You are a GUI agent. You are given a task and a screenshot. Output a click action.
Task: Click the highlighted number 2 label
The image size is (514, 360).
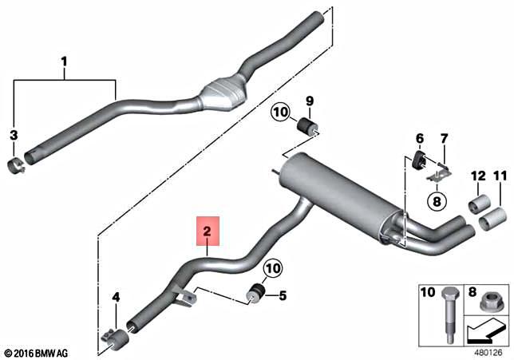click(x=208, y=233)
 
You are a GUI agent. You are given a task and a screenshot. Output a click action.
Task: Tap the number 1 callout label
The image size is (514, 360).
click(x=65, y=61)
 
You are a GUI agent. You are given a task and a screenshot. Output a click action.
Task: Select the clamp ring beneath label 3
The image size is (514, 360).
click(x=16, y=166)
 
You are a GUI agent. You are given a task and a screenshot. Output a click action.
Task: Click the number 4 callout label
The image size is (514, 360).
click(x=115, y=299)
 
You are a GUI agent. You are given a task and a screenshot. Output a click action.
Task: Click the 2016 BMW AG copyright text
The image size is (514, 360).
click(x=36, y=352)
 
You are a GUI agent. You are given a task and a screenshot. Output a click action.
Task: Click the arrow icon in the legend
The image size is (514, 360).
click(x=485, y=327)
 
